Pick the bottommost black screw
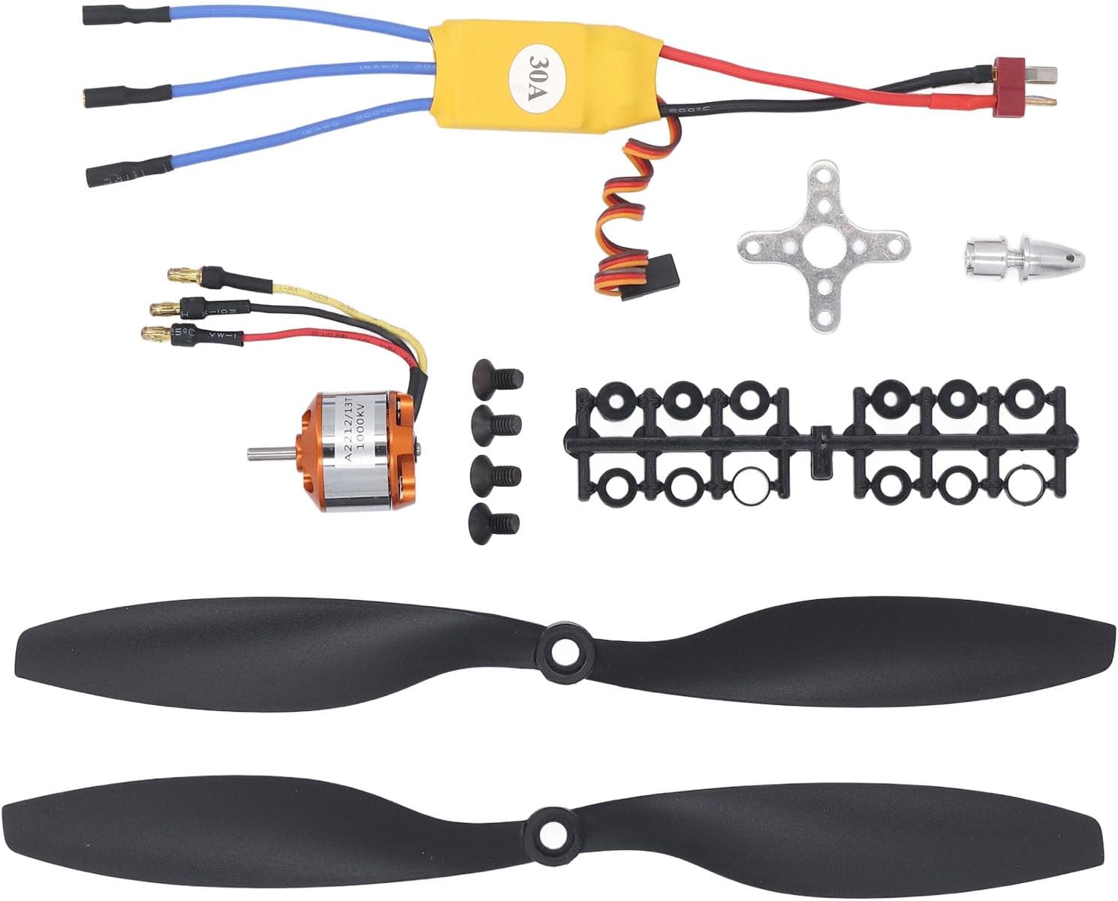point(494,519)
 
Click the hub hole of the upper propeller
point(562,651)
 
